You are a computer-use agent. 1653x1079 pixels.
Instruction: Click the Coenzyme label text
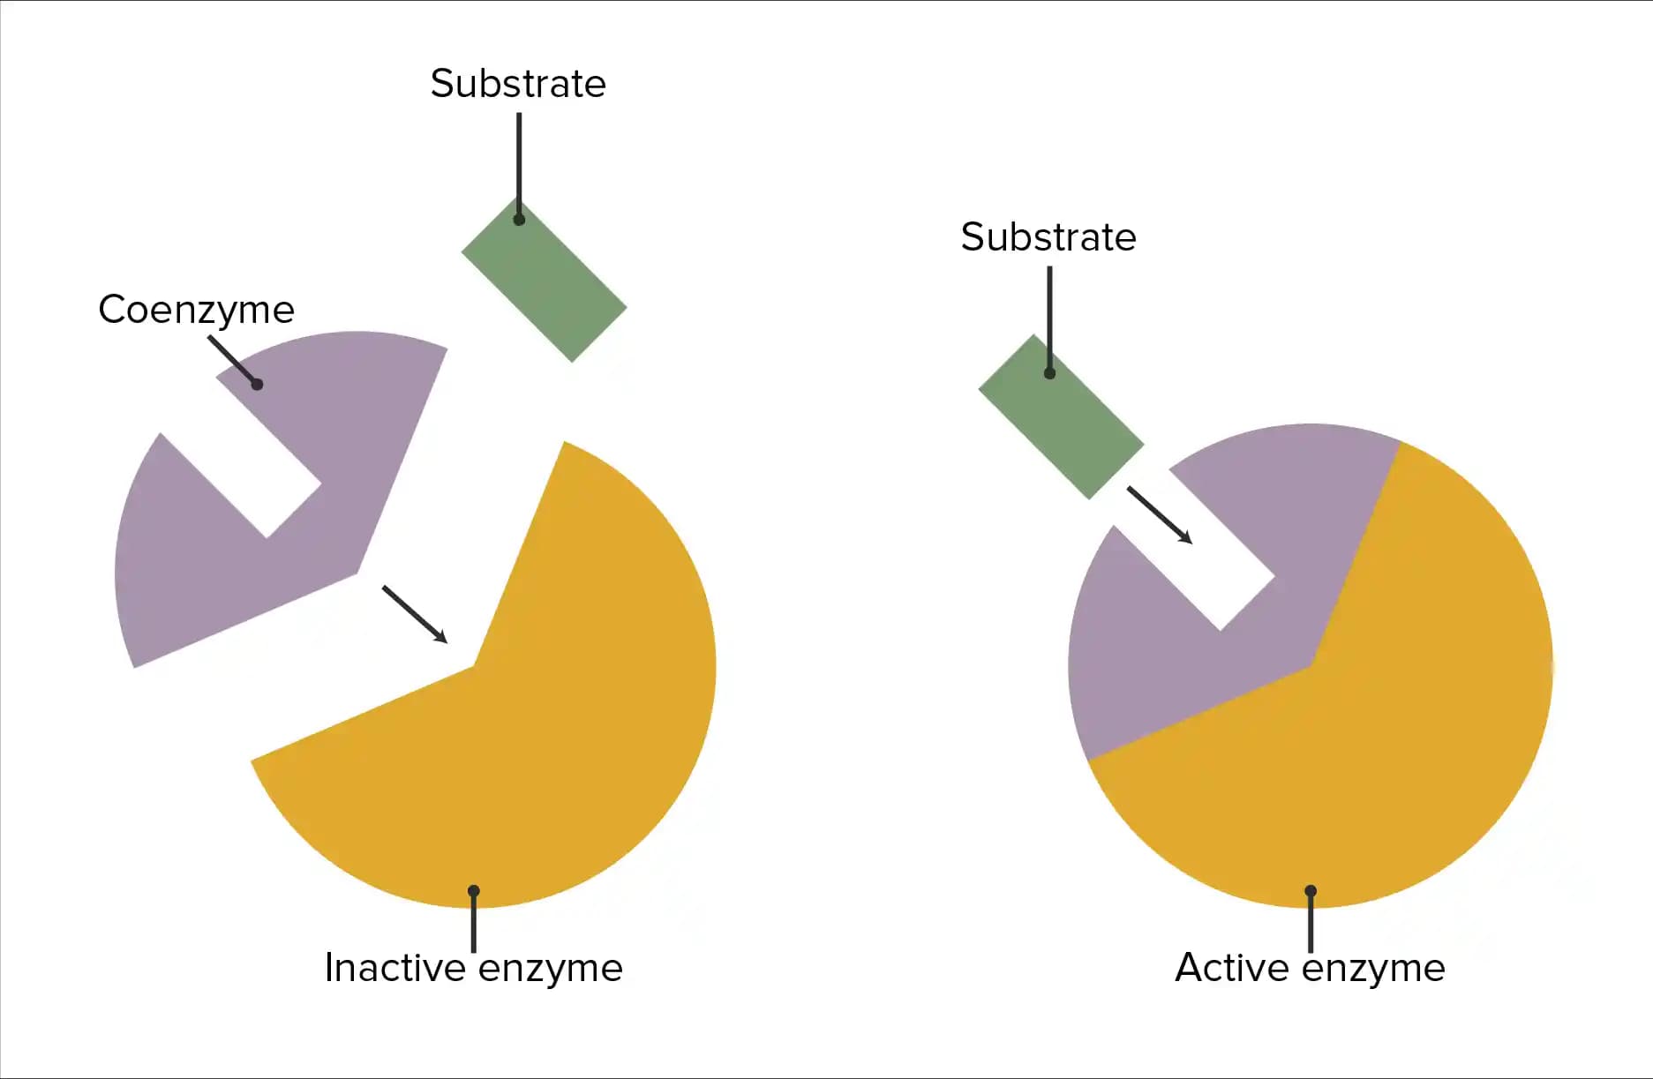point(196,310)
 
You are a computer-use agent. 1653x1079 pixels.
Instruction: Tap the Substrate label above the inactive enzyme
point(518,84)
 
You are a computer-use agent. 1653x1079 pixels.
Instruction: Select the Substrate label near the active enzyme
point(1048,237)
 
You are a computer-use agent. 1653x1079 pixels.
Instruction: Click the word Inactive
point(394,968)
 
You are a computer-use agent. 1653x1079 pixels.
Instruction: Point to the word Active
point(1232,968)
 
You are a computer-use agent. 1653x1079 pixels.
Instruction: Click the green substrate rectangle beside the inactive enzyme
point(544,280)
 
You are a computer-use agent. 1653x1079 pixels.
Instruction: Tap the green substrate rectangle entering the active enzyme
point(1061,416)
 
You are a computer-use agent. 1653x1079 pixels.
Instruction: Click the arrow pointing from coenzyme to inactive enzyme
point(415,614)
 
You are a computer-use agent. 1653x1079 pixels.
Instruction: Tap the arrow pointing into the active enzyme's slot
point(1160,515)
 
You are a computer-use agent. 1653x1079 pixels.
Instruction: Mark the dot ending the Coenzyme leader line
point(257,384)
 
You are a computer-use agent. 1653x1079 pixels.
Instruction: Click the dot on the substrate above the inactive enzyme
point(519,220)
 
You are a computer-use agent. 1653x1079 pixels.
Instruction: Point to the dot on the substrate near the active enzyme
point(1049,373)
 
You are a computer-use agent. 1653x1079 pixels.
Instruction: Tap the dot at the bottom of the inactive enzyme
point(474,891)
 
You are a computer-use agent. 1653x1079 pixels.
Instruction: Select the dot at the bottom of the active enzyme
point(1311,891)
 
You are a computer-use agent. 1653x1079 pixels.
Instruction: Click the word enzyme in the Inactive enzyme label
point(550,968)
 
